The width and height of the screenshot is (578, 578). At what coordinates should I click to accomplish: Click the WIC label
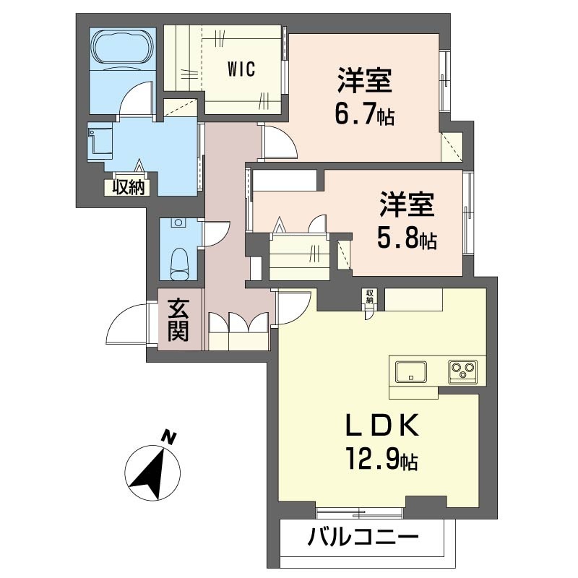coord(241,71)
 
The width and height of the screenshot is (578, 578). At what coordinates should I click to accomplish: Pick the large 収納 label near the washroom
coord(129,186)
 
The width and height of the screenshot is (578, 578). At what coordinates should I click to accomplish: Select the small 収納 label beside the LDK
coord(369,296)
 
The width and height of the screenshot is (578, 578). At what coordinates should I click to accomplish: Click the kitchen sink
coord(410,371)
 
